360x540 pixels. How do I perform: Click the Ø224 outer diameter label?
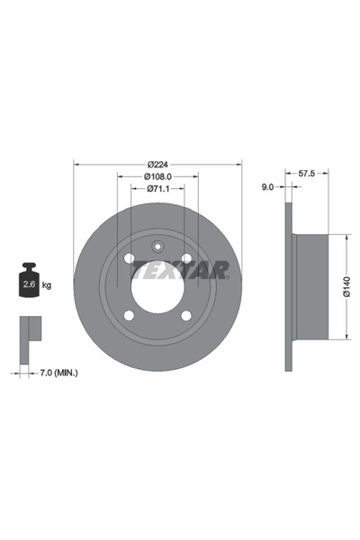[x=157, y=164]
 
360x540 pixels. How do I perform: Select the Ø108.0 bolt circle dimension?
[x=157, y=176]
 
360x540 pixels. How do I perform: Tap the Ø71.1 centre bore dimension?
[x=157, y=189]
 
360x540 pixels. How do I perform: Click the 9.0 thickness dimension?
[x=267, y=187]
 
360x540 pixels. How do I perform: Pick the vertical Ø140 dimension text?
[x=346, y=287]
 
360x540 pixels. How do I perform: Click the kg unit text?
[x=47, y=285]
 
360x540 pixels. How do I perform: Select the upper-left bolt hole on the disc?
[x=129, y=259]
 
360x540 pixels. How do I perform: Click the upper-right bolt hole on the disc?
[x=186, y=259]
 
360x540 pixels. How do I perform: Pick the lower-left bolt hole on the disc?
[x=129, y=315]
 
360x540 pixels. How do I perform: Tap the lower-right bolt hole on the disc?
[x=186, y=315]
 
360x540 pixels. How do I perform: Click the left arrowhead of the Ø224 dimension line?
[x=76, y=164]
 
